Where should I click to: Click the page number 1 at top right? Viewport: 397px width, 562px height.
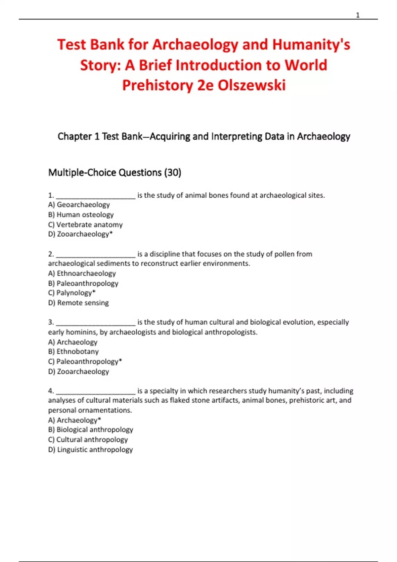click(358, 15)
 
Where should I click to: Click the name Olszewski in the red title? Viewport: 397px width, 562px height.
click(251, 85)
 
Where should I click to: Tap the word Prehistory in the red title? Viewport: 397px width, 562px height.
click(157, 85)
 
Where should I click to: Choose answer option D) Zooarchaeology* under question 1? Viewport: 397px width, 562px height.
click(80, 234)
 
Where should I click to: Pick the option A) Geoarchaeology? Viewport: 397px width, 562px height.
click(79, 205)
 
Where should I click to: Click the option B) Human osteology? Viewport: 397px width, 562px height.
click(81, 215)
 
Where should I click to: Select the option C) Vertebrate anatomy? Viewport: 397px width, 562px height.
click(85, 224)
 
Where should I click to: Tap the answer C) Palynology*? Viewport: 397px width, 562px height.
click(72, 293)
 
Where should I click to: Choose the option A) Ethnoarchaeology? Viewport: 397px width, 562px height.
click(82, 273)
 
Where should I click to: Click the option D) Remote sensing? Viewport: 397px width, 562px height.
click(78, 303)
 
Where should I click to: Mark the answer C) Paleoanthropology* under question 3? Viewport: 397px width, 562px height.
click(85, 362)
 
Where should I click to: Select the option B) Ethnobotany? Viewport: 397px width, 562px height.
click(73, 352)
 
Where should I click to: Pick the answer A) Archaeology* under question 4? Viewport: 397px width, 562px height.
click(74, 420)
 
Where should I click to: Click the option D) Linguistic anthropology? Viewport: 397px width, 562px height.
click(90, 450)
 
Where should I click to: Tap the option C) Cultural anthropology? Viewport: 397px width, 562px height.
click(88, 440)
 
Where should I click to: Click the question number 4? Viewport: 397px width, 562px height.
click(51, 391)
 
